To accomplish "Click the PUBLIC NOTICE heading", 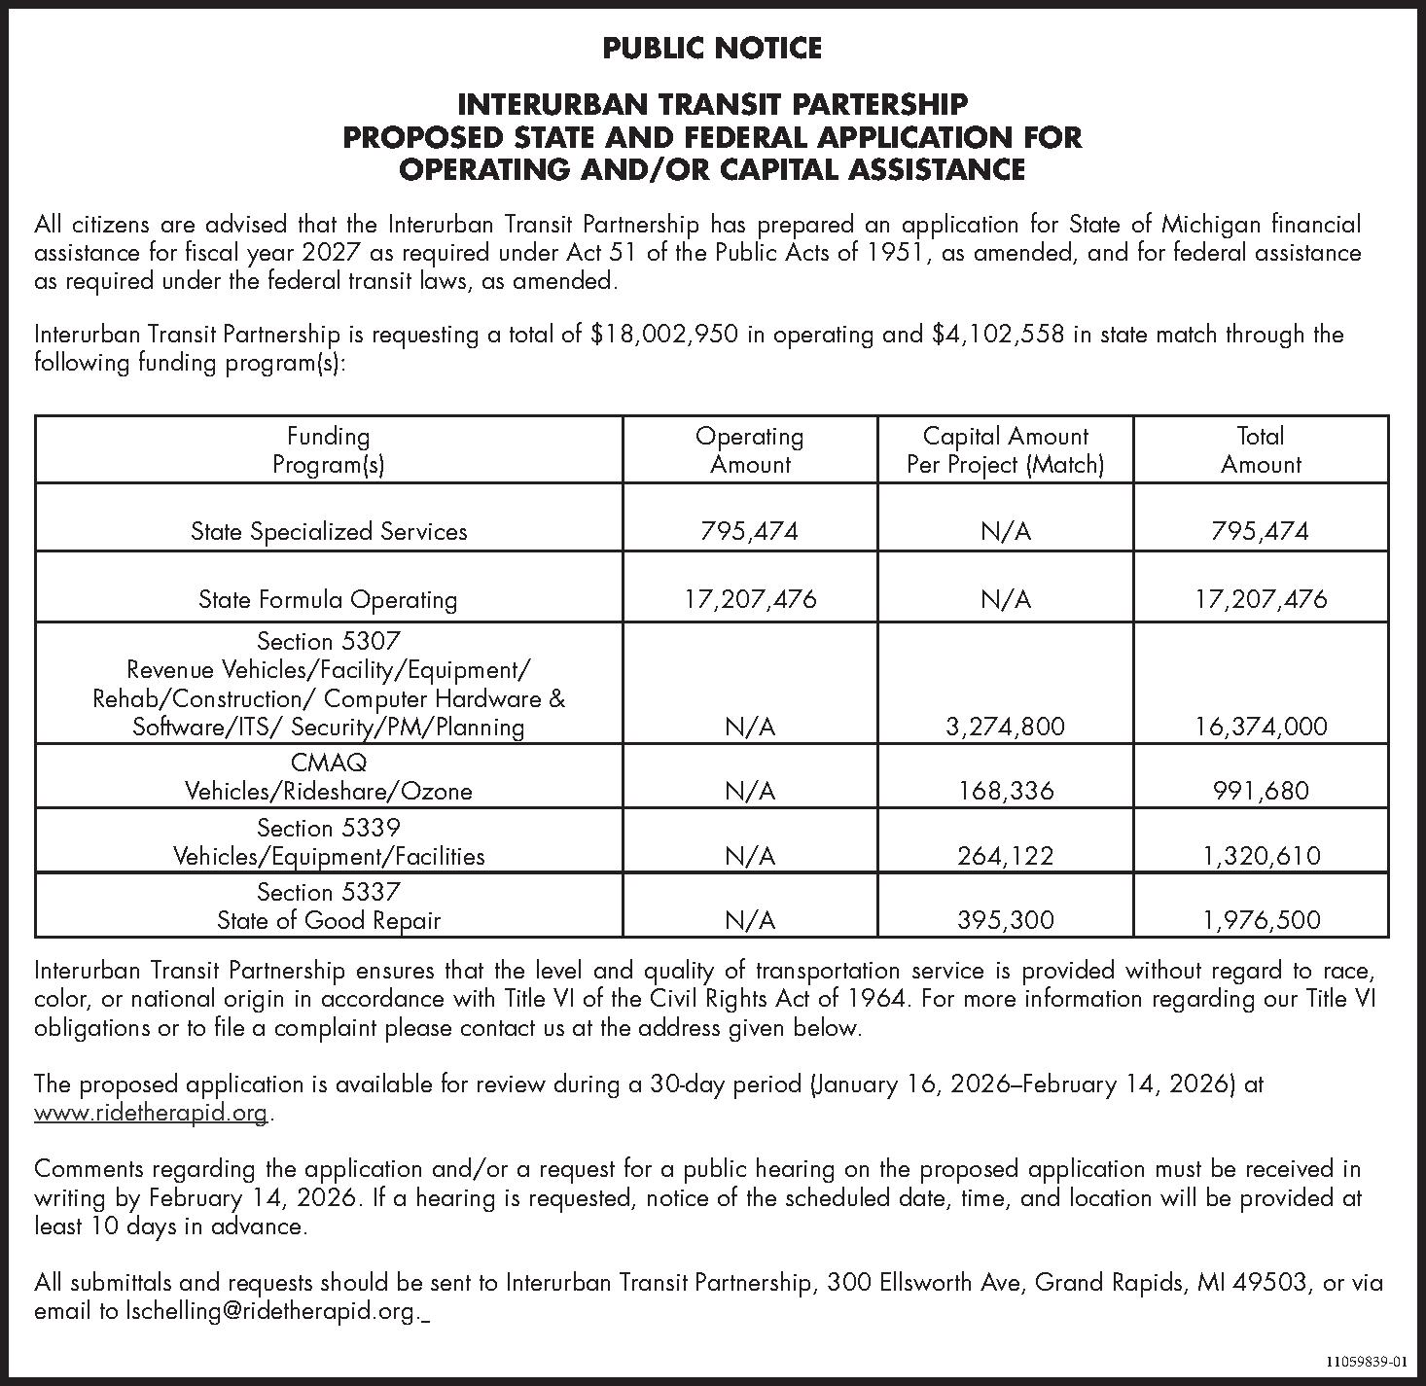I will click(x=712, y=48).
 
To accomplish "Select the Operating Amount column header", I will click(x=749, y=449).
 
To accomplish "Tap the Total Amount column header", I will click(x=1261, y=449).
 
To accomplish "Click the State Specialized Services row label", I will click(x=329, y=531).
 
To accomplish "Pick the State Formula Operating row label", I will click(x=328, y=599).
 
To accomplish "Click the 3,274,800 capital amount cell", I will click(x=1006, y=727).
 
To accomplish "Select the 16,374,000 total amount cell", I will click(x=1261, y=727).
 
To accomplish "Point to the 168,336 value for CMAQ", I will click(x=1006, y=791).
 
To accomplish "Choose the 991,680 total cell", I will click(x=1261, y=791).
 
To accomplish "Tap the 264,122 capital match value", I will click(x=1006, y=856).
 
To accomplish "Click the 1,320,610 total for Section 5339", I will click(x=1261, y=856).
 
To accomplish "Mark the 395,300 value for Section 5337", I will click(x=1006, y=920).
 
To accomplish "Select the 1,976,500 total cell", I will click(x=1261, y=920).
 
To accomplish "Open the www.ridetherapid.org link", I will click(x=151, y=1113).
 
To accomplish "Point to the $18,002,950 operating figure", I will click(x=664, y=335).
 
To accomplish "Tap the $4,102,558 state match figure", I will click(x=996, y=335).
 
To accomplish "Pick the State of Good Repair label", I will click(x=329, y=920).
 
